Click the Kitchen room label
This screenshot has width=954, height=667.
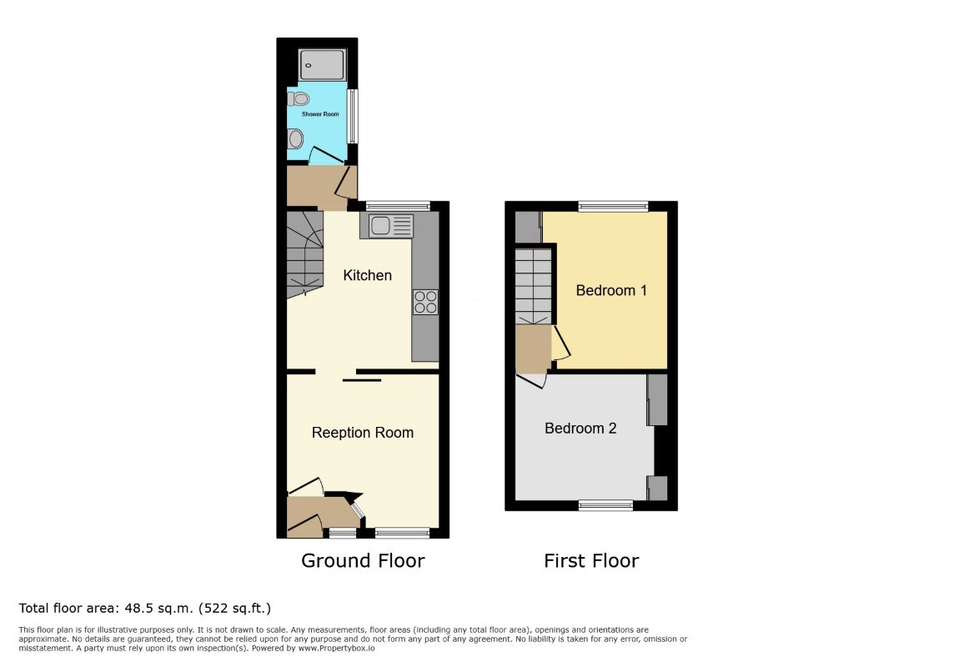(x=367, y=275)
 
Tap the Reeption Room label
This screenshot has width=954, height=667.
(x=363, y=433)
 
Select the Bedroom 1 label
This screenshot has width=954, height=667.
(x=611, y=290)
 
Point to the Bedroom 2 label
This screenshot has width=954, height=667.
(x=580, y=428)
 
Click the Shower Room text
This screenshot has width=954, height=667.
(x=320, y=113)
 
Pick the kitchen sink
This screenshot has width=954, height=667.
(x=387, y=226)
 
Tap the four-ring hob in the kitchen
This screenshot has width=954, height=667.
(x=425, y=302)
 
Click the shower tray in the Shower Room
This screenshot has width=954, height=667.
(x=323, y=65)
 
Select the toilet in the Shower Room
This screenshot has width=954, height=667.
(x=299, y=98)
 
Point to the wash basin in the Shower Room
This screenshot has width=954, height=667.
(x=296, y=138)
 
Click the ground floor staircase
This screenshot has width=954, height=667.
(x=305, y=254)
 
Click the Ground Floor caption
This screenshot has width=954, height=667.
(x=363, y=560)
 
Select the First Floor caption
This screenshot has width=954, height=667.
(x=591, y=560)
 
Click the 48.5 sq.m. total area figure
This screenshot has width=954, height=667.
(x=158, y=608)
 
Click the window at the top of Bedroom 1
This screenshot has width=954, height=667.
(x=613, y=207)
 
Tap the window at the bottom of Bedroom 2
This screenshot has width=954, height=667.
(x=605, y=504)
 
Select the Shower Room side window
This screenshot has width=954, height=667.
(x=352, y=116)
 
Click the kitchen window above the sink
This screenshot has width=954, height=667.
(x=398, y=206)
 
